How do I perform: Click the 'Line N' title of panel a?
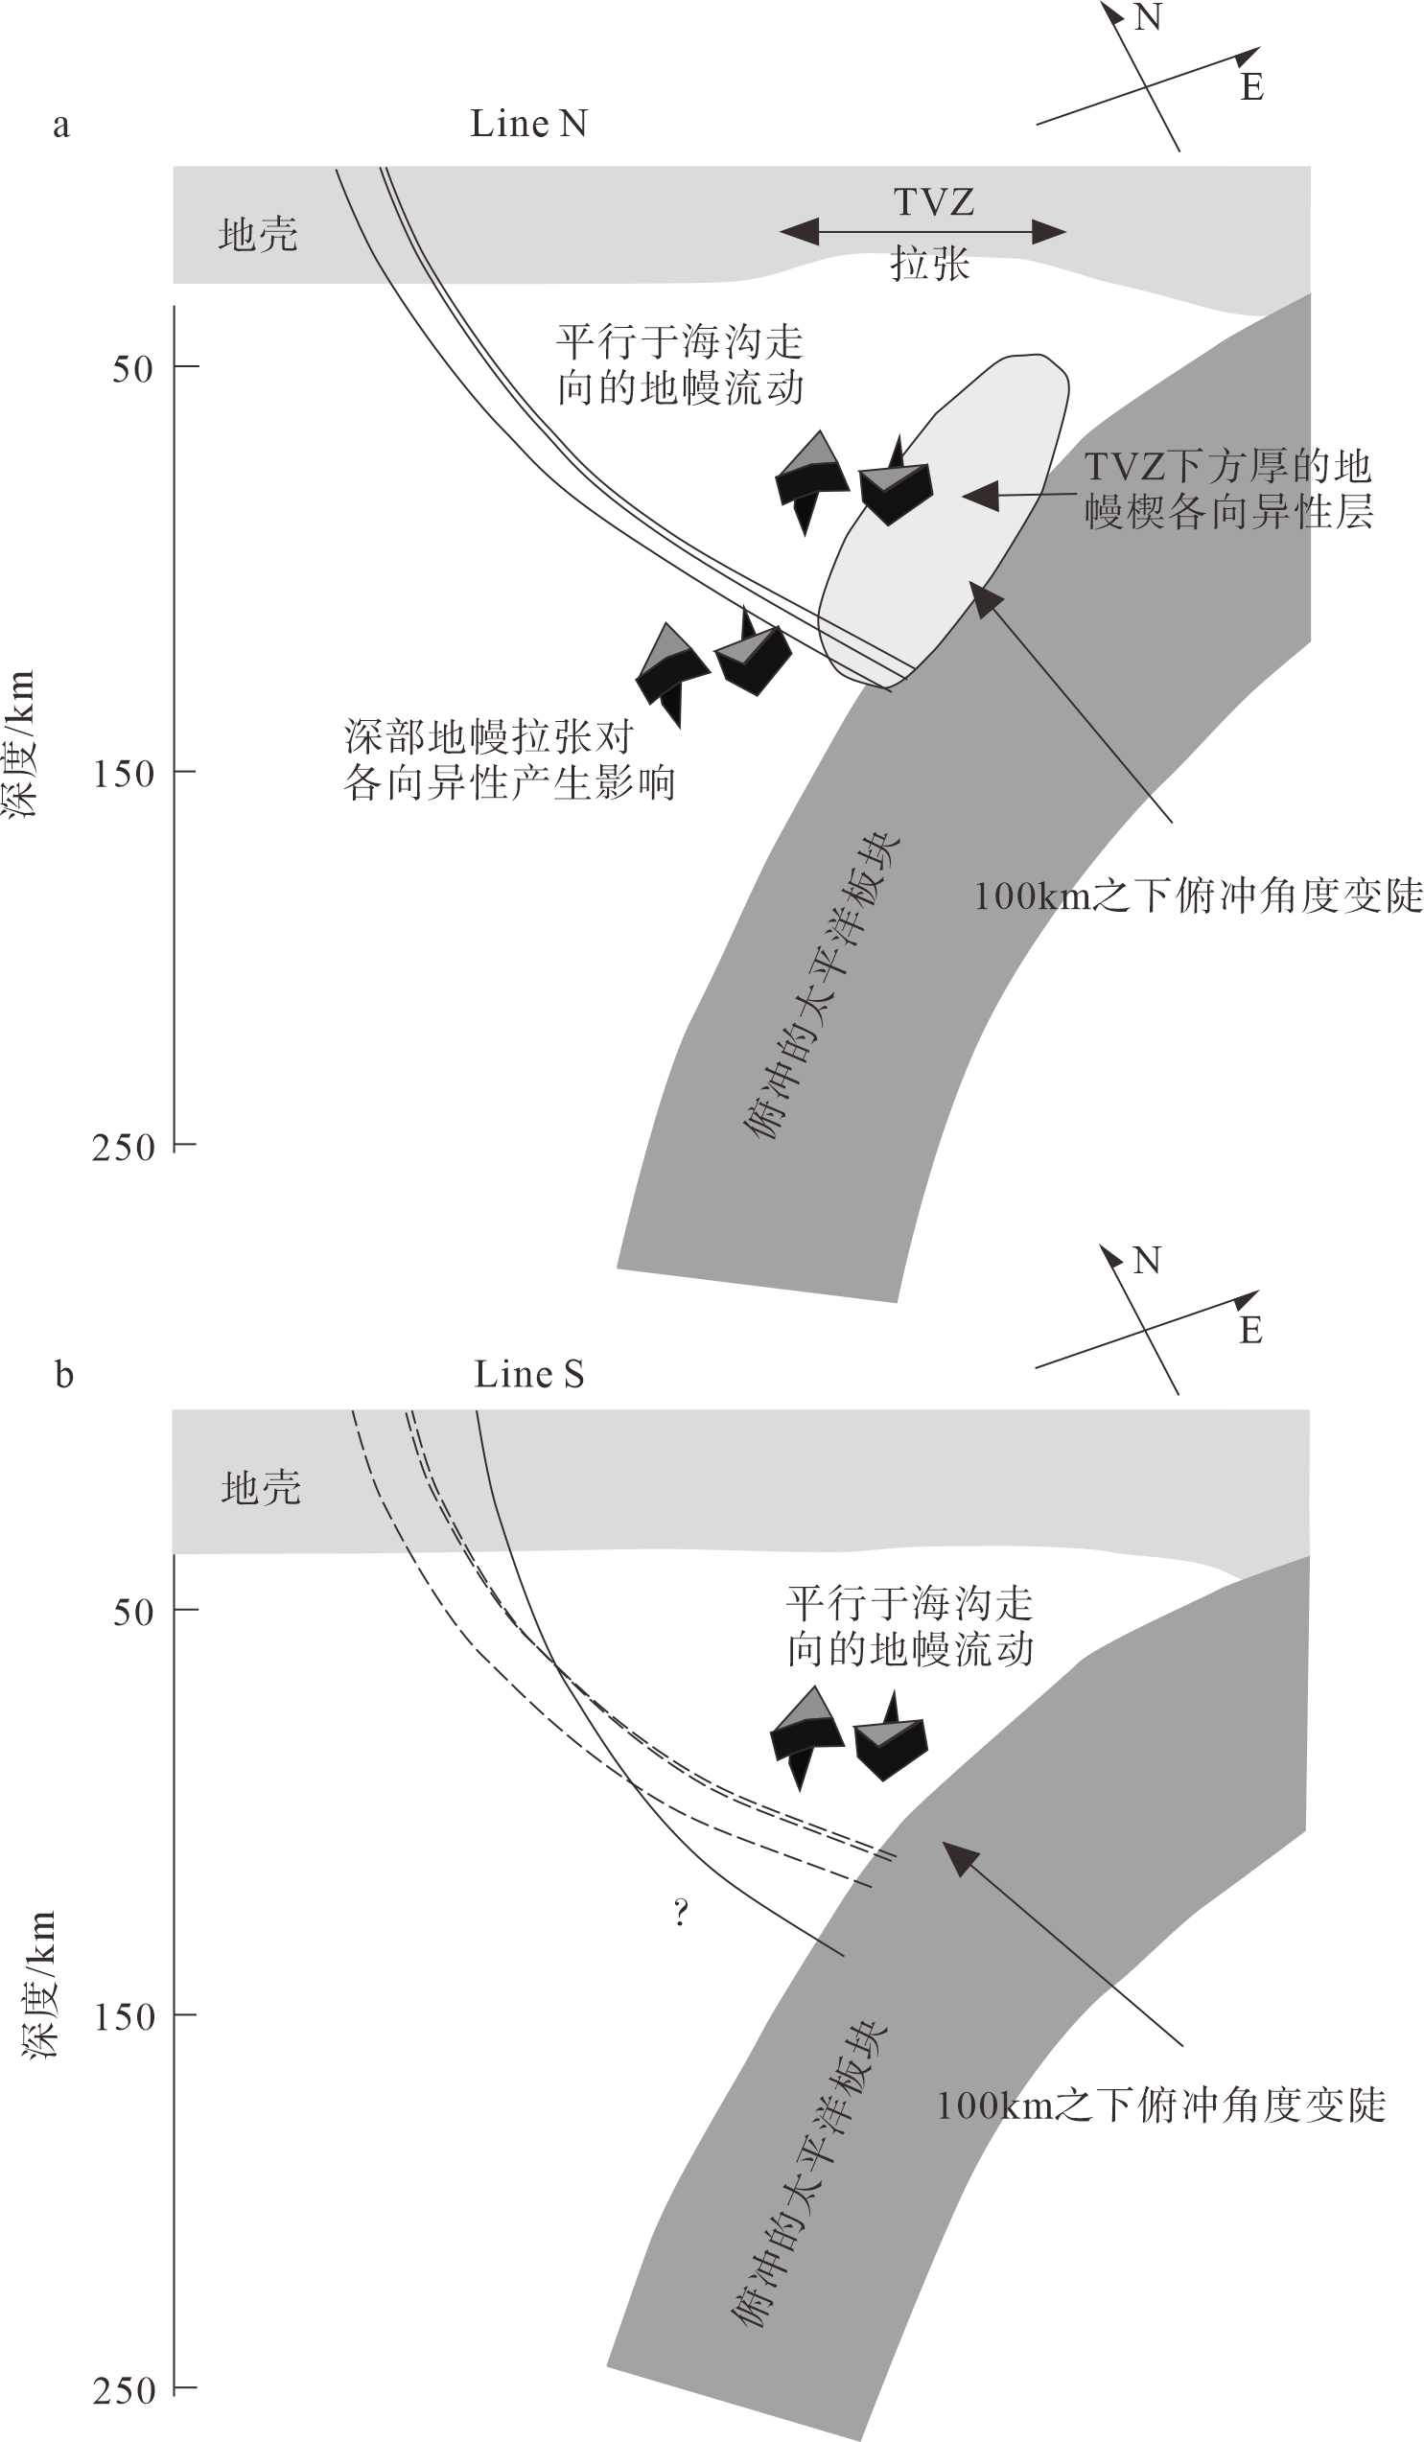point(528,124)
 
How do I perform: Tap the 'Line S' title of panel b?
point(529,1374)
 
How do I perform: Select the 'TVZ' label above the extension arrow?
point(933,201)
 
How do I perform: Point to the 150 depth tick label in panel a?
point(124,774)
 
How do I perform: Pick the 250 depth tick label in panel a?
point(124,1148)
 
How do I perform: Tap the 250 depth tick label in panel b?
point(125,2389)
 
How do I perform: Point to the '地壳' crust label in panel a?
point(258,235)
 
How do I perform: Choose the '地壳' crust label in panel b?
point(261,1487)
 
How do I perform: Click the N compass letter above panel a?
point(1148,17)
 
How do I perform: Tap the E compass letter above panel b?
point(1251,1330)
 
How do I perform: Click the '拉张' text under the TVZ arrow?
point(930,263)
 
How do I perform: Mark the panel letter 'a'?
point(61,126)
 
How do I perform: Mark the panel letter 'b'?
point(64,1374)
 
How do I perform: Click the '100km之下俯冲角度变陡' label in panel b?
point(1161,2105)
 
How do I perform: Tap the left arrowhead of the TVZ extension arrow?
point(799,231)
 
